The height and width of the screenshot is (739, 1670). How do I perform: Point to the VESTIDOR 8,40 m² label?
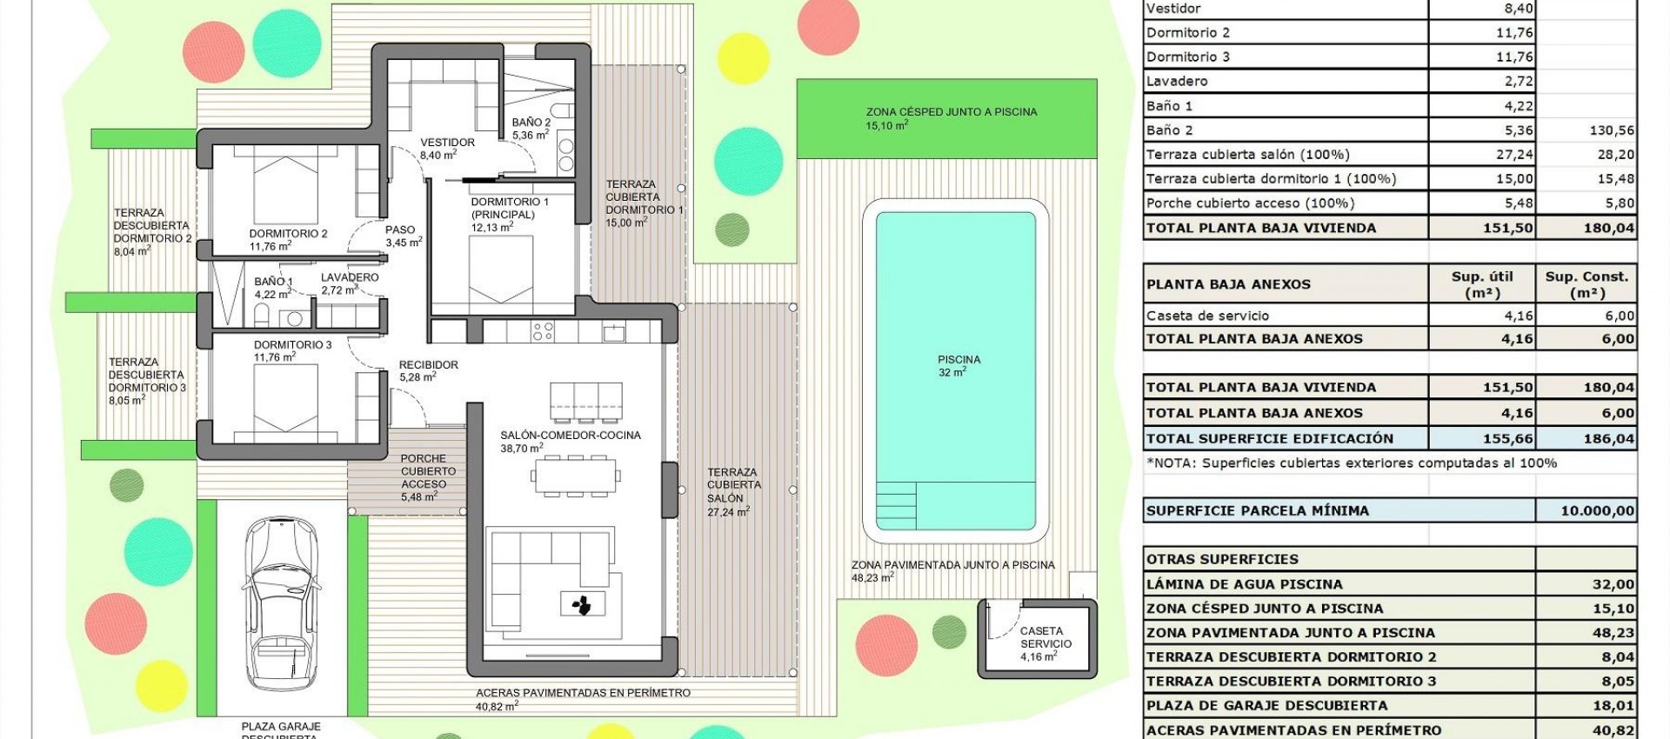446,148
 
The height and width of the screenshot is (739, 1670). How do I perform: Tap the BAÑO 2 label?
531,129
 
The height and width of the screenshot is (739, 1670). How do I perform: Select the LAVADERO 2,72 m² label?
349,283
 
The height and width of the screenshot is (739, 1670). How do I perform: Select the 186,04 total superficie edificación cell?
1608,438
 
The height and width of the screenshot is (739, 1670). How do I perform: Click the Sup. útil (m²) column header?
1482,284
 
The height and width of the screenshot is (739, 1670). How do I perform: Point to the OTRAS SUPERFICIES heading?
1222,559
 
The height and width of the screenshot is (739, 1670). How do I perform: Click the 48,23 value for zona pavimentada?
1613,633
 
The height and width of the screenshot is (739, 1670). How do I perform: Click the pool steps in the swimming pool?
895,505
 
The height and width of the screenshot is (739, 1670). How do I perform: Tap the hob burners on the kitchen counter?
544,330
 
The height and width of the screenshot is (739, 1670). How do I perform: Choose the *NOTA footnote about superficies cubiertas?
1351,463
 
